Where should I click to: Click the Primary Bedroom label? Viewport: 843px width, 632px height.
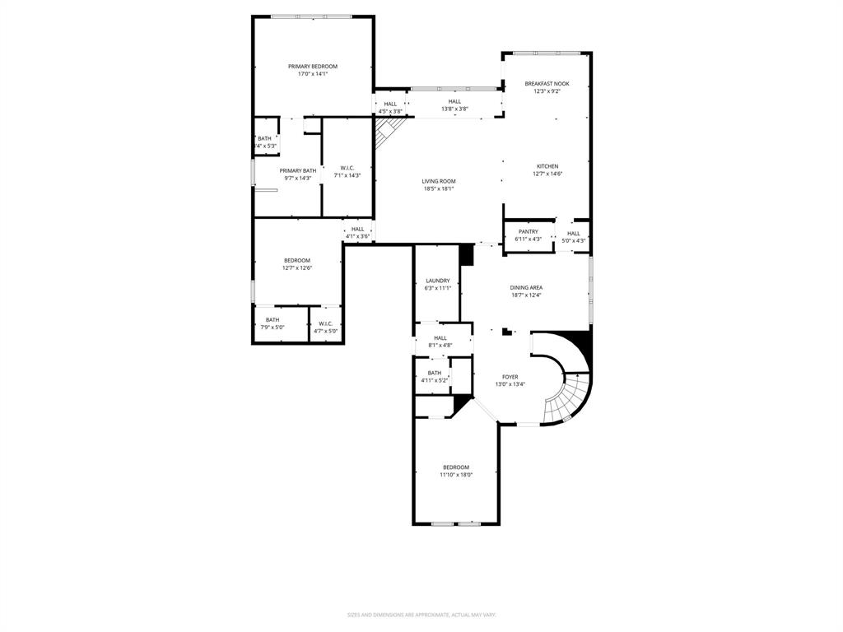click(312, 67)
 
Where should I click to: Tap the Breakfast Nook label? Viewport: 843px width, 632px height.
click(547, 84)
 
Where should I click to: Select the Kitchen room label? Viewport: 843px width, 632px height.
click(547, 166)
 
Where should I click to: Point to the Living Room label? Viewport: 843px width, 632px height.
click(439, 181)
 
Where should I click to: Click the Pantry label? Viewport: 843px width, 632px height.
click(528, 232)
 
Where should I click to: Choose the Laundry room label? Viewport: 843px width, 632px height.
click(437, 281)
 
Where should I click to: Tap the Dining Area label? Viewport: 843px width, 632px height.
click(526, 287)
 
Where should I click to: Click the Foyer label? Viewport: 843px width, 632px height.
click(510, 377)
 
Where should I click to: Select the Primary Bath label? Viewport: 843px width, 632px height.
click(297, 171)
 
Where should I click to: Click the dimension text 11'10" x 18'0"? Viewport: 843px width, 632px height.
click(455, 475)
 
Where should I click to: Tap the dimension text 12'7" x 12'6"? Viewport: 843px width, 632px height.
click(297, 267)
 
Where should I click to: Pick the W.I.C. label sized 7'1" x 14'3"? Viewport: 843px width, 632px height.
click(347, 168)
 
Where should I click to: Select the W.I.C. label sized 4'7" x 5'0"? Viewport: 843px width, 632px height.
click(325, 323)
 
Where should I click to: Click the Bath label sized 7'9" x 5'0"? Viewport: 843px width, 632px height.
click(272, 320)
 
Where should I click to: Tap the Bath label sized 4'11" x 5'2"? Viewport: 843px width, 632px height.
click(434, 373)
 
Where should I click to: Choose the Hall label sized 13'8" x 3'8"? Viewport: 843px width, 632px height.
click(454, 101)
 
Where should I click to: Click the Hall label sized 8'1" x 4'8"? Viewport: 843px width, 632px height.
click(440, 337)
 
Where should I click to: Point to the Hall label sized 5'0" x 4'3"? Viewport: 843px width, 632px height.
click(573, 234)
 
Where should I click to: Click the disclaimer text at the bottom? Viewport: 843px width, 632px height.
click(421, 615)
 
